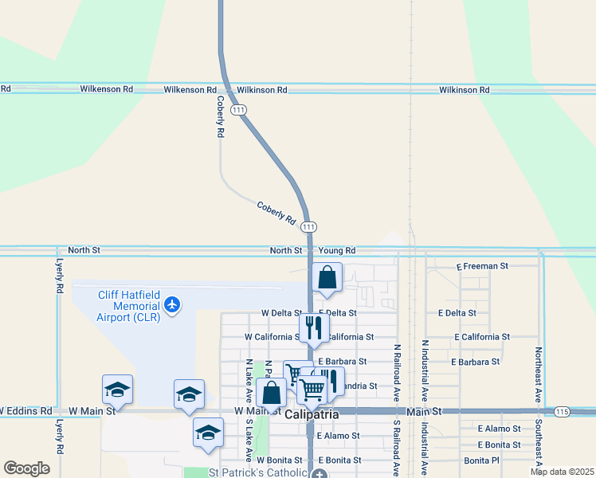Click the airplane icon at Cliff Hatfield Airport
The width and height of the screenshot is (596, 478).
pos(173,304)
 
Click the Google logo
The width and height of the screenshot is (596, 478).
pos(26,468)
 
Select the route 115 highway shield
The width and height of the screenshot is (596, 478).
pos(563,411)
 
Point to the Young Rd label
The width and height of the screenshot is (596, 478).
pos(336,250)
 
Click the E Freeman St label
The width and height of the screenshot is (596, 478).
pos(481,266)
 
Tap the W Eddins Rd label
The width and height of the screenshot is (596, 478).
pos(26,411)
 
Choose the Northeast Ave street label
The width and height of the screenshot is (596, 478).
pos(539,373)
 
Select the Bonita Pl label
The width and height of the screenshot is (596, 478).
pos(482,460)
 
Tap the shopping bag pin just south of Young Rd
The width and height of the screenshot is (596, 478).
pos(327,278)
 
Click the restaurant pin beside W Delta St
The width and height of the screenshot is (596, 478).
pos(314,327)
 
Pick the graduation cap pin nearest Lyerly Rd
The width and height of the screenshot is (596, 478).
pos(117,390)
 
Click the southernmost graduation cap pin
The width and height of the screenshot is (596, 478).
pos(208,433)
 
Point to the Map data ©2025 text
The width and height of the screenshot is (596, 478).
pos(561,472)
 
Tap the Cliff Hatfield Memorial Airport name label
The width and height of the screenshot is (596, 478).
pos(128,305)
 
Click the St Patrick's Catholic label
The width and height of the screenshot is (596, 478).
pos(253,473)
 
